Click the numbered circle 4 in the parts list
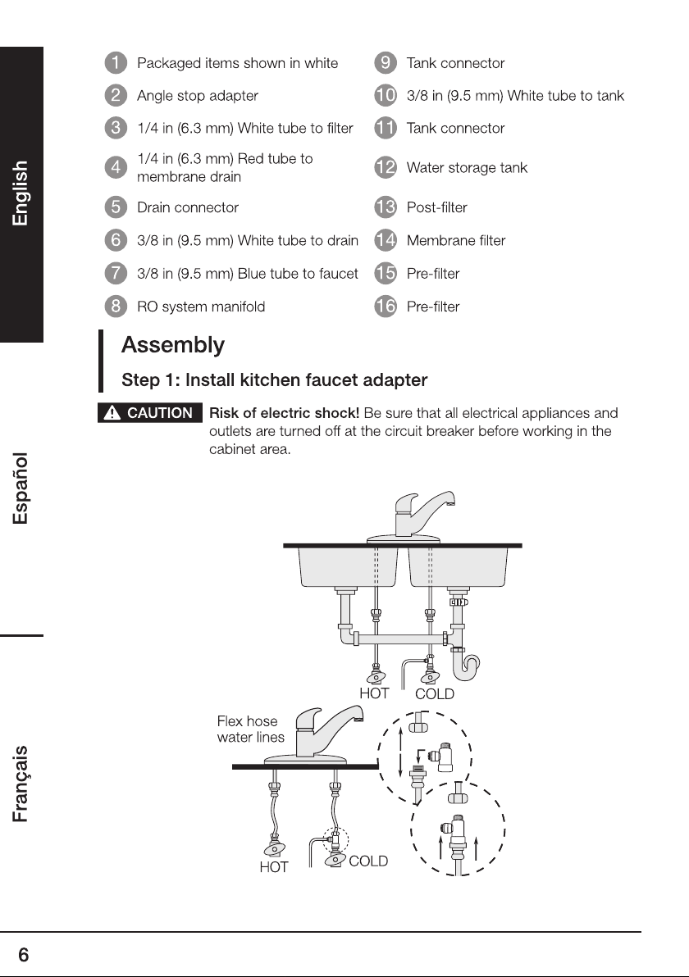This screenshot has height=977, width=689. point(116,167)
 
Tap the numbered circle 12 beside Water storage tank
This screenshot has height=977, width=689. point(386,167)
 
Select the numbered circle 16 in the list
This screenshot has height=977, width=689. point(386,306)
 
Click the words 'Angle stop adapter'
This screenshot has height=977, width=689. point(198,95)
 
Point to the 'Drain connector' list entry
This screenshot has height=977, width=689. point(188,207)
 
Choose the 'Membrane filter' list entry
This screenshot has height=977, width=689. point(456,240)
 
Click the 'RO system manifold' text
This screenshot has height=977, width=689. point(201,307)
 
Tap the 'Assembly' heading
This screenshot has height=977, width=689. point(173,345)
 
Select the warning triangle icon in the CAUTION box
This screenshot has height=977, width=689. point(112,412)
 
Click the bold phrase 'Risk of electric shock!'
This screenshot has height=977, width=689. point(285,413)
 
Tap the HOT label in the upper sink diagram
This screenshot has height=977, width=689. point(374,693)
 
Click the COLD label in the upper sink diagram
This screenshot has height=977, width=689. point(435,694)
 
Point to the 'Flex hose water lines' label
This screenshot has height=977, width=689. point(251,729)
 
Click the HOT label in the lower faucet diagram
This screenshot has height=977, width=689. point(274,867)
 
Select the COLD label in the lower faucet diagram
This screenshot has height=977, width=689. point(368,861)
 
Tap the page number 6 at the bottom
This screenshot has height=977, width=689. point(24,955)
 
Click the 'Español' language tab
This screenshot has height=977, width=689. point(21,489)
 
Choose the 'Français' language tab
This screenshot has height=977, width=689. point(21,784)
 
